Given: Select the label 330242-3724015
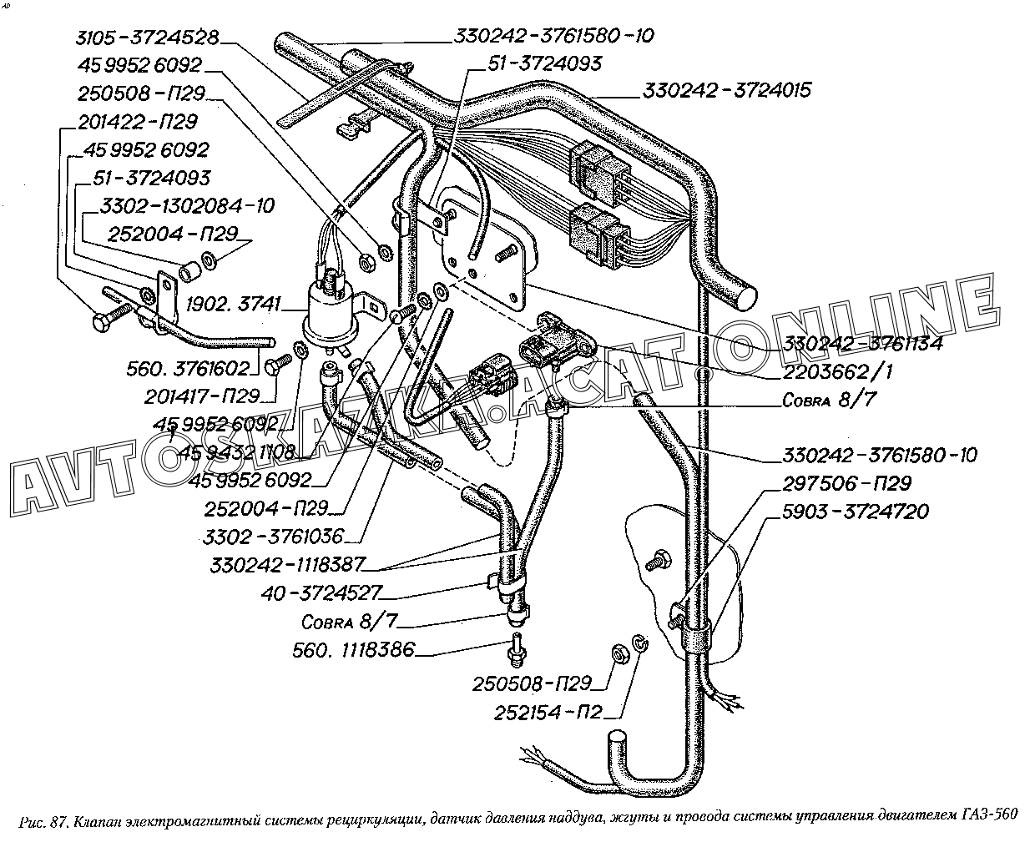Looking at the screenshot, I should tap(726, 90).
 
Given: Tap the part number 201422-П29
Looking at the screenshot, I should tap(138, 122).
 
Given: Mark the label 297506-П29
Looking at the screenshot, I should tap(846, 484).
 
